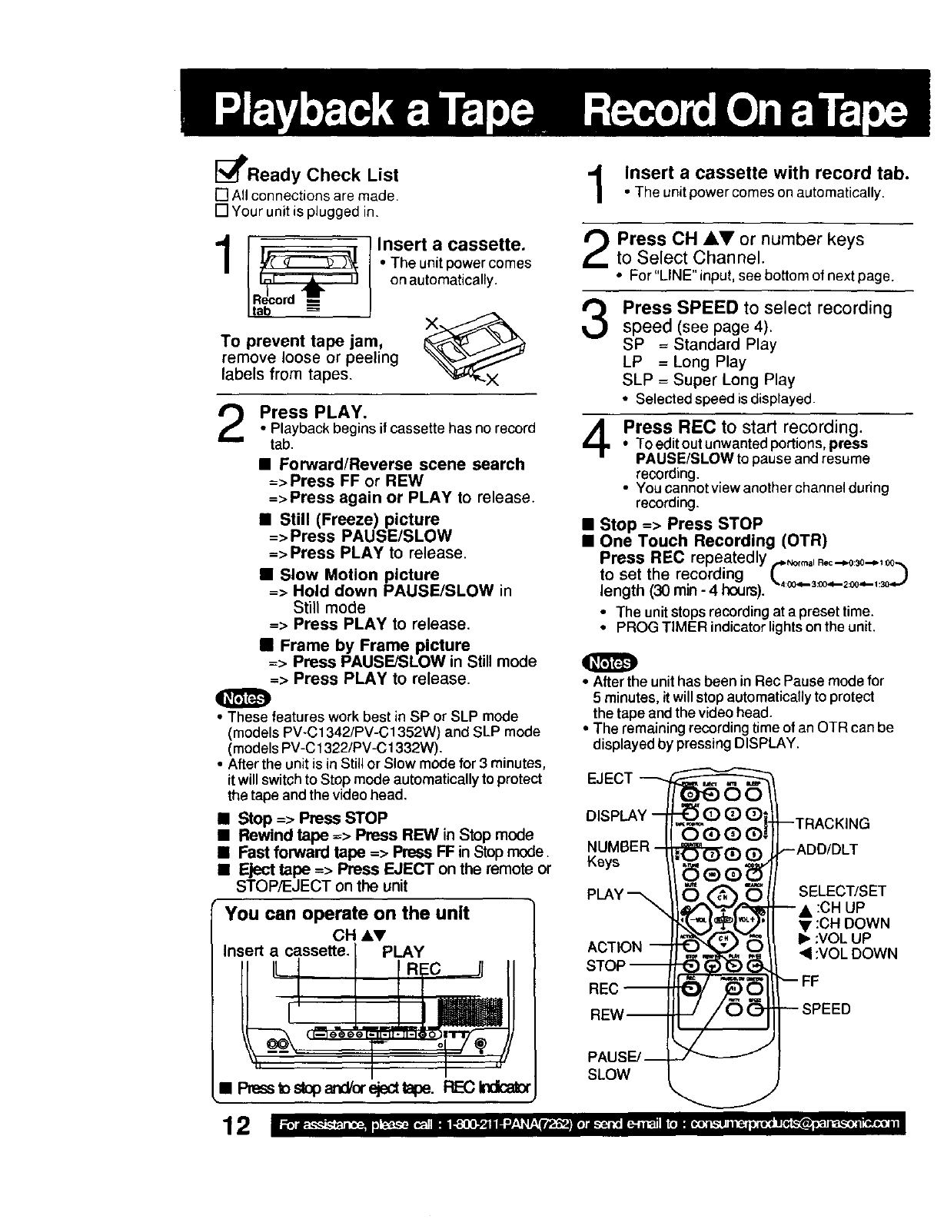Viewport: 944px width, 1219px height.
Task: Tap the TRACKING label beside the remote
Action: (x=833, y=824)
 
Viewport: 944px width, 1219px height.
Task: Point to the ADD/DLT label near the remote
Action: (x=827, y=849)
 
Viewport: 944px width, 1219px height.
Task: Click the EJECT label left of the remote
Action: (x=609, y=779)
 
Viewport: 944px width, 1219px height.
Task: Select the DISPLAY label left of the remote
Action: (x=617, y=815)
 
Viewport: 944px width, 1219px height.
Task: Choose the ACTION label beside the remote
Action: (x=614, y=947)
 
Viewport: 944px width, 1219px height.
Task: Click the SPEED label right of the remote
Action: (x=826, y=1008)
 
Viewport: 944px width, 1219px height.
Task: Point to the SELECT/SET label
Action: (x=843, y=892)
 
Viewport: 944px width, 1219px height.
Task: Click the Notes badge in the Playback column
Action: (x=244, y=699)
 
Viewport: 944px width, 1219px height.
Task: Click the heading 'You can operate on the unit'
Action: (x=347, y=913)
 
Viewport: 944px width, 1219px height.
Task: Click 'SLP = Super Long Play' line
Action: (x=708, y=380)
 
